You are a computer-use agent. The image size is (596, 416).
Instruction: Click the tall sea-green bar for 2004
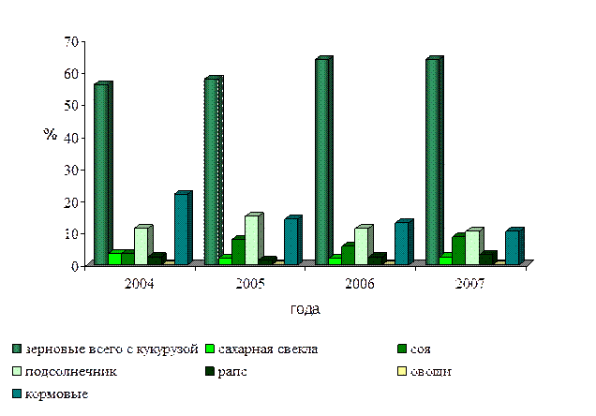click(x=102, y=173)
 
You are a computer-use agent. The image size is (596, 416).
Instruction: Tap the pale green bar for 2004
click(x=142, y=245)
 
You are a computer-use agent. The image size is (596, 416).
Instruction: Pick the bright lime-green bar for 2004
click(x=113, y=258)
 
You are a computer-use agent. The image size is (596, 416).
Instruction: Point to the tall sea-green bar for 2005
click(x=213, y=171)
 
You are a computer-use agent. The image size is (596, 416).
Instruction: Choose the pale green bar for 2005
click(x=252, y=239)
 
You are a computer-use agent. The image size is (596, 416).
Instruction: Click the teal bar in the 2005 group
click(x=292, y=241)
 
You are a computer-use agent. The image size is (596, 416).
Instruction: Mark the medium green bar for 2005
click(x=238, y=251)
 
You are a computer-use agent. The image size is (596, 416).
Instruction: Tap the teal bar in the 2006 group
click(x=403, y=243)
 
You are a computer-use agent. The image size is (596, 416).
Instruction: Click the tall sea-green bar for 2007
click(x=433, y=160)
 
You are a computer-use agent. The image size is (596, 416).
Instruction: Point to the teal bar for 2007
click(x=514, y=247)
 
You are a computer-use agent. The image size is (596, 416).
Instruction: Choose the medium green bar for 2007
click(x=458, y=249)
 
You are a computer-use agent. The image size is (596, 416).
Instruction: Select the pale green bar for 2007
click(x=472, y=246)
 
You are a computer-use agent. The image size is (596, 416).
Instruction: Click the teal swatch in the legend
click(x=17, y=394)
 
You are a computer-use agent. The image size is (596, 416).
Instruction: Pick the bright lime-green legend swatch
click(x=209, y=349)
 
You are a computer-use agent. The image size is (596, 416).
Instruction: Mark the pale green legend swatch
click(x=17, y=372)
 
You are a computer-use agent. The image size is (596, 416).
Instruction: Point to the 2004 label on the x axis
click(x=136, y=283)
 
